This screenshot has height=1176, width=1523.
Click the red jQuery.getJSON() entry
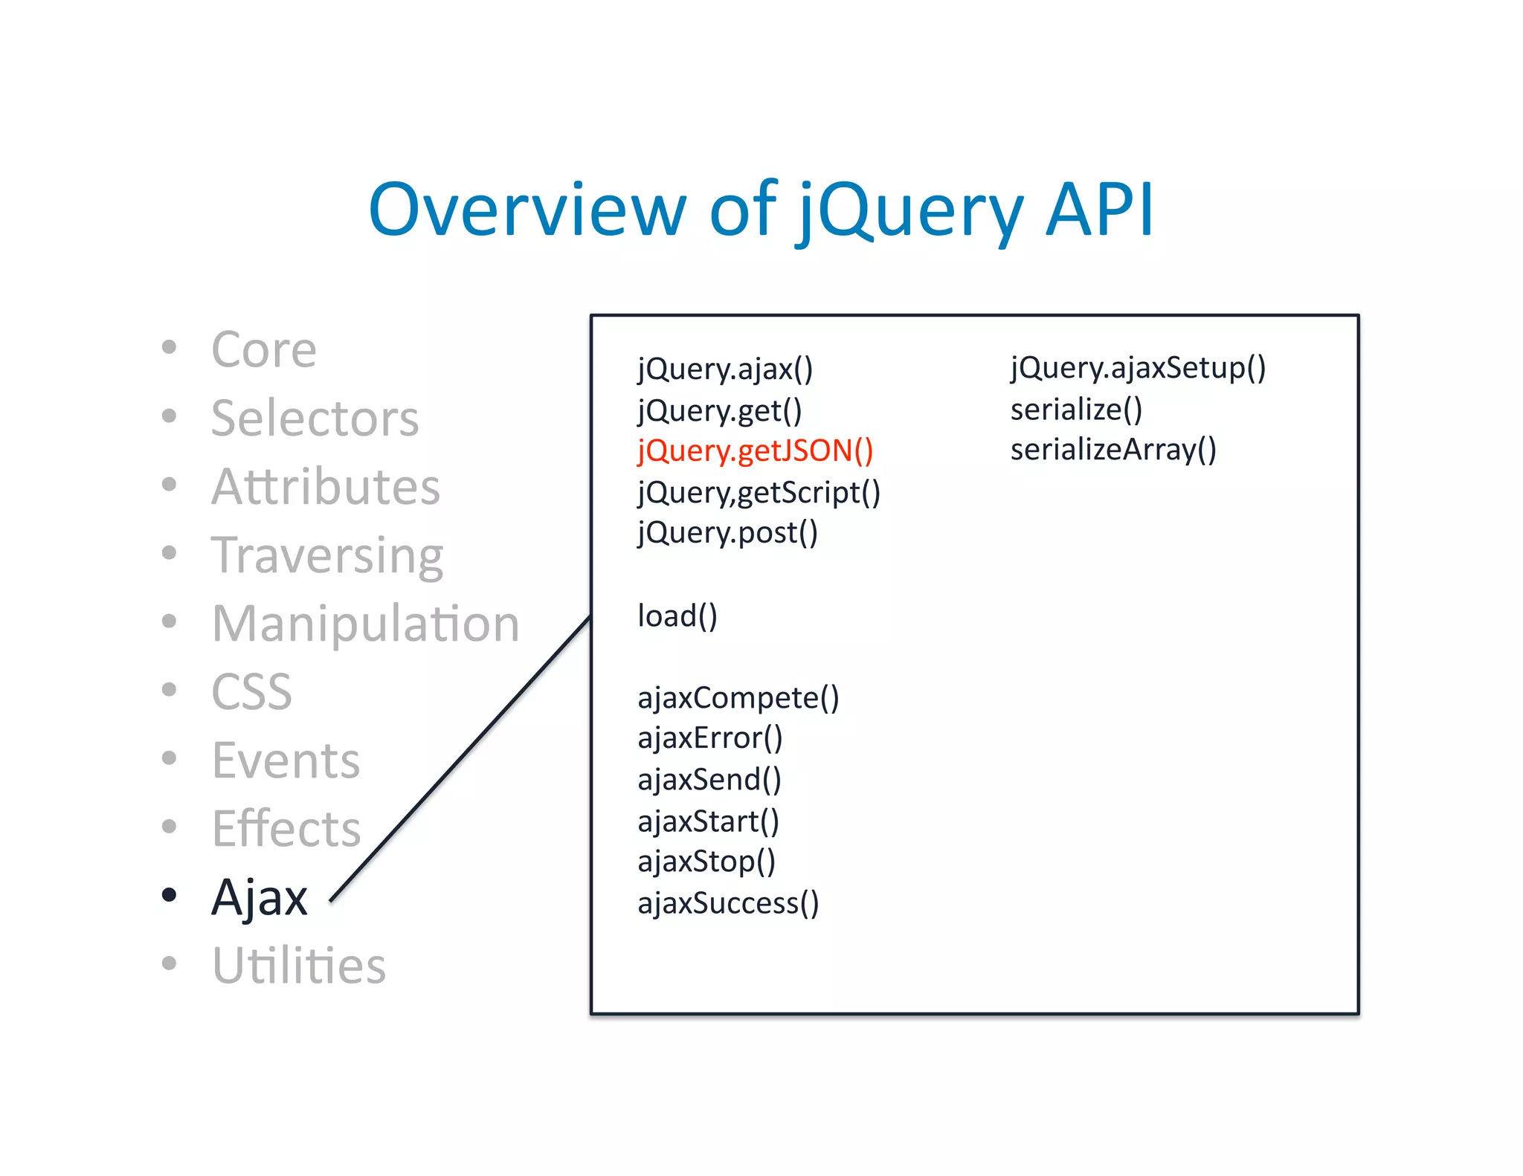click(x=755, y=451)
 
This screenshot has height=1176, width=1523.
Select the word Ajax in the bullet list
click(x=260, y=897)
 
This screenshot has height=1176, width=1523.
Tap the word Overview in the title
click(x=526, y=210)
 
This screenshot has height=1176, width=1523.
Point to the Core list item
click(x=264, y=349)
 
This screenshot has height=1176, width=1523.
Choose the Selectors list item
click(x=315, y=418)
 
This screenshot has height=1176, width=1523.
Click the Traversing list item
click(x=327, y=556)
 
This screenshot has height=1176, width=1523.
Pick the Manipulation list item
click(x=365, y=623)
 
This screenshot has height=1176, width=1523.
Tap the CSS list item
click(x=251, y=692)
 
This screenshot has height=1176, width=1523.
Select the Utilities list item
click(x=299, y=966)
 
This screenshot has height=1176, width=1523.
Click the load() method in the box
click(x=677, y=616)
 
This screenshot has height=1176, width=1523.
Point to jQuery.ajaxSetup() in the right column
click(x=1137, y=368)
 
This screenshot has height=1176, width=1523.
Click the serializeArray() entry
click(x=1113, y=450)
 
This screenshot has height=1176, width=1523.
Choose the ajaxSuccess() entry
click(x=728, y=903)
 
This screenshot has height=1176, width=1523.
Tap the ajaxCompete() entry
click(x=738, y=698)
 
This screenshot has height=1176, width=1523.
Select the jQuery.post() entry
click(x=727, y=533)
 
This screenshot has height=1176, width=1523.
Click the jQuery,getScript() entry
click(x=759, y=492)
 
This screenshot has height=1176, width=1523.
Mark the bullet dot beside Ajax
click(x=170, y=894)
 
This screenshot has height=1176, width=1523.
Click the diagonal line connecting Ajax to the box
click(x=461, y=758)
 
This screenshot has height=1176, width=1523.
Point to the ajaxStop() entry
click(x=706, y=862)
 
